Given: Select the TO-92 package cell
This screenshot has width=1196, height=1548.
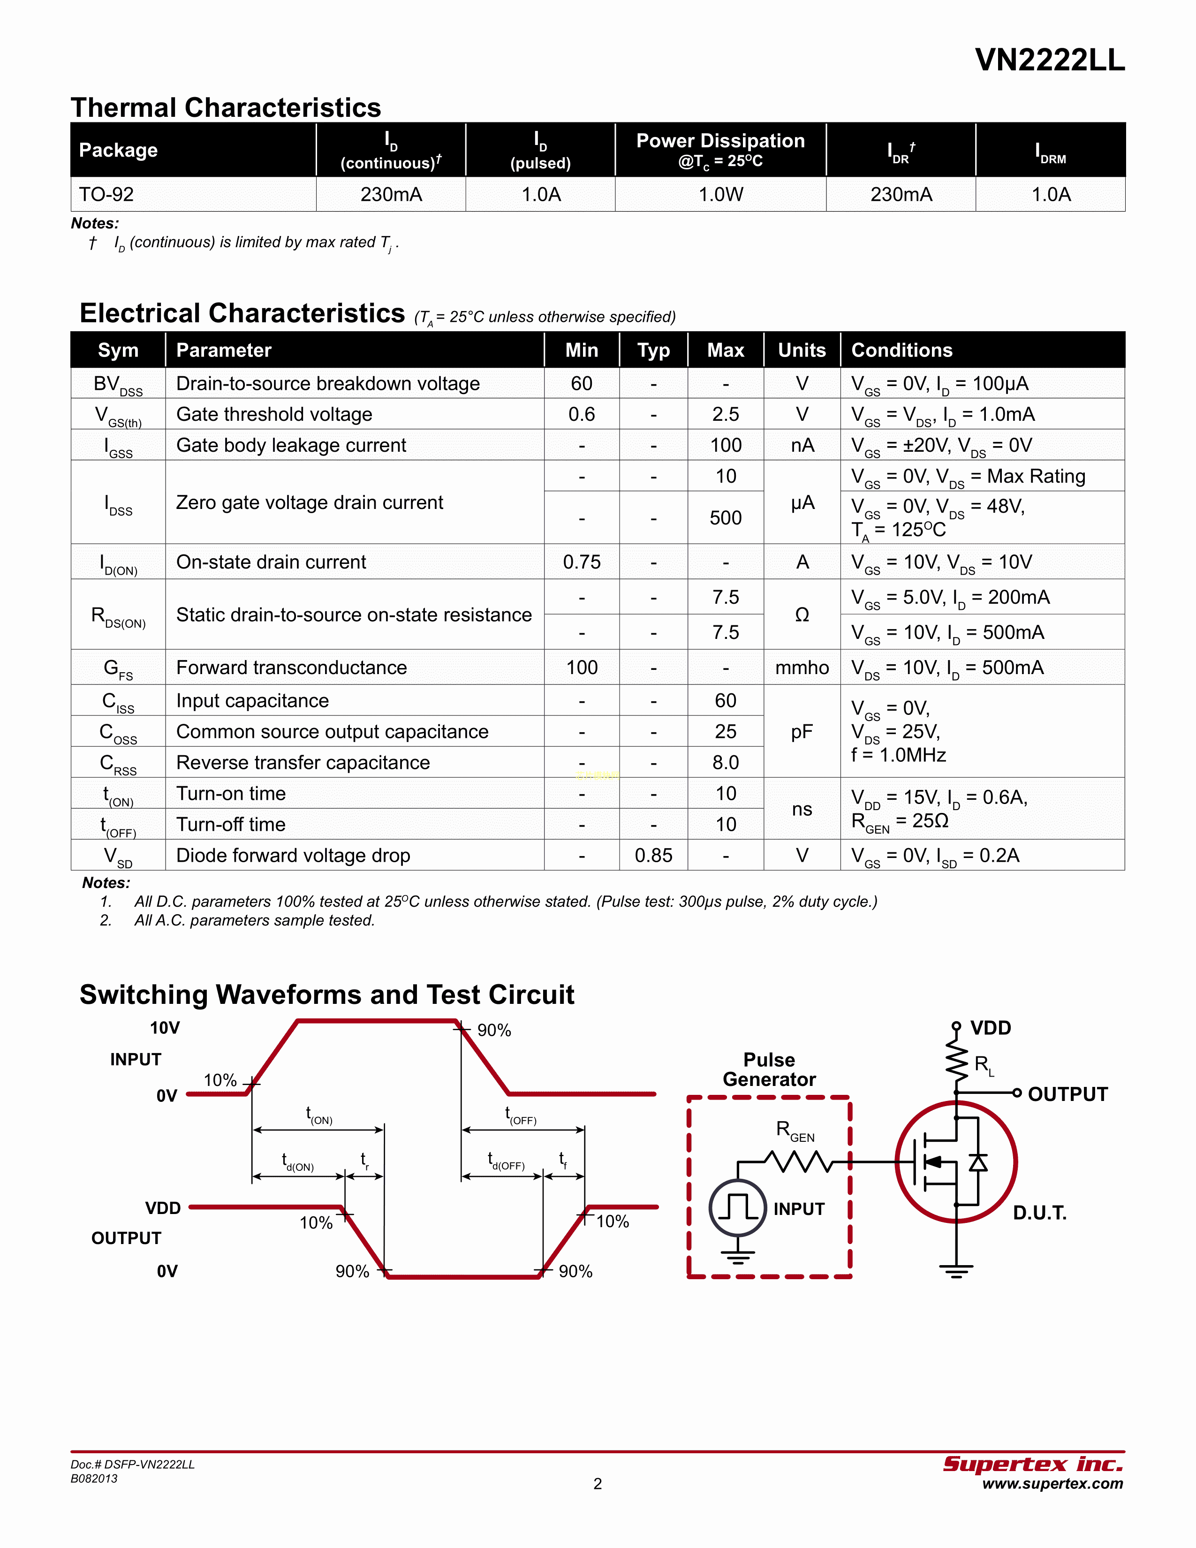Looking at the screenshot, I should (106, 194).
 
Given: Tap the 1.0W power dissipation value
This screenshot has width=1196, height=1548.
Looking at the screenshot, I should (720, 194).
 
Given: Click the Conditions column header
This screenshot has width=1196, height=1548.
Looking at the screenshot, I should (901, 350).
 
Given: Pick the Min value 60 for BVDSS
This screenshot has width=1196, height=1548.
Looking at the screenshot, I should (582, 383).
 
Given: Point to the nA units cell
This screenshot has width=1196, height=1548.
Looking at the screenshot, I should (802, 445).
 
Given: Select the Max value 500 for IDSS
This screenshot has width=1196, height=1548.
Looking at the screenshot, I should (726, 518).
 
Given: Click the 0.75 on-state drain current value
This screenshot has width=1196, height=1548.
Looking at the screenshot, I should (582, 562).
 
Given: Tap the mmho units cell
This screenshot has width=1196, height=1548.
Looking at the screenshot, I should (802, 668).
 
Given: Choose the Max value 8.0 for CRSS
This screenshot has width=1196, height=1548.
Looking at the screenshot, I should (726, 763).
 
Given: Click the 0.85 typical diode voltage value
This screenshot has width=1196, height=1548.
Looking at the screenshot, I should (653, 856).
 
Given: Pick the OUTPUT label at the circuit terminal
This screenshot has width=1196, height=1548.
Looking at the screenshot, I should (1067, 1094).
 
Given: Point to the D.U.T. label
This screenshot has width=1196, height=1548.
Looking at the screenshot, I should (1039, 1213).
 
